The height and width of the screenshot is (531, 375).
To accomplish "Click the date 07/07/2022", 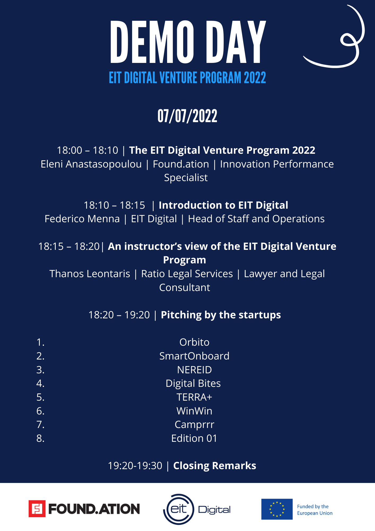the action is [x=187, y=116].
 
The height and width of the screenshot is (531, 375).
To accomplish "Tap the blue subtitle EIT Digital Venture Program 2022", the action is [x=187, y=78].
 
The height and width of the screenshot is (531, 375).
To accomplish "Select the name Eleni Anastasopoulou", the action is [x=91, y=164].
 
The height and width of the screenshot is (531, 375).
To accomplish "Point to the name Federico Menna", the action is [x=82, y=219].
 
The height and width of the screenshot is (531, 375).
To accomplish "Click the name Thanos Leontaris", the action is [x=90, y=274].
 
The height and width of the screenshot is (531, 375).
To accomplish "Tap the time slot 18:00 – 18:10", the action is [x=88, y=150].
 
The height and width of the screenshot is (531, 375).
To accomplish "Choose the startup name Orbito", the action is [x=194, y=342].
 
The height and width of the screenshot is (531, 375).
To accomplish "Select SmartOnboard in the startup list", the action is [x=194, y=356].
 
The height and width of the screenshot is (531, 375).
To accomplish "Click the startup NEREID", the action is [x=194, y=370].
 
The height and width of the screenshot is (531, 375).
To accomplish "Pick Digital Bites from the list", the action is [x=193, y=384].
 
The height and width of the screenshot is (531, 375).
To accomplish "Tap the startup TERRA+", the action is [x=194, y=397].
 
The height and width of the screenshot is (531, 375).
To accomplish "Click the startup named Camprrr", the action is [x=194, y=425].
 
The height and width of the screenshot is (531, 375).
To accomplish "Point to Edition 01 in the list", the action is [x=194, y=438].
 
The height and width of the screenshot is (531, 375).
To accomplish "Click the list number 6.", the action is [x=40, y=411].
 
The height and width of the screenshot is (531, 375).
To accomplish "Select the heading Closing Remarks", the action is [x=215, y=466].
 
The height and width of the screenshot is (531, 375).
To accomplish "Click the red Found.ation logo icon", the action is [x=37, y=509].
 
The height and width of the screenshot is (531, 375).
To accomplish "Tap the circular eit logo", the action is [x=179, y=509].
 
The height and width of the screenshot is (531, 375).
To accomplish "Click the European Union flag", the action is [x=277, y=509].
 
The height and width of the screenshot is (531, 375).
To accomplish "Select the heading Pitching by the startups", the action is [x=221, y=315].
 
